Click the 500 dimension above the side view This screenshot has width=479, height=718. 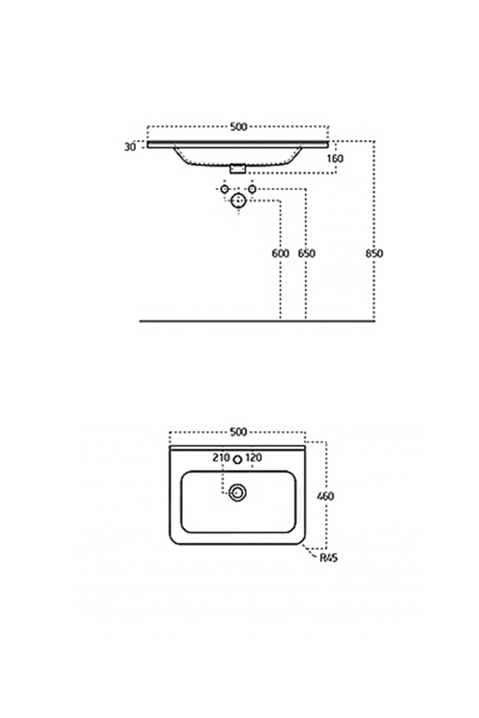point(239,127)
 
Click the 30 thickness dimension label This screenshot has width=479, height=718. point(130,147)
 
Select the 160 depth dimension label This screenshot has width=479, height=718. point(335,158)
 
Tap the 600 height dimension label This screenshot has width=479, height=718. point(280,253)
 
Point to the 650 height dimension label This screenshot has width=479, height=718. point(307,253)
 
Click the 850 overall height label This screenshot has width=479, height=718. point(374,253)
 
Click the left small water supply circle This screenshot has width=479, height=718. point(224,188)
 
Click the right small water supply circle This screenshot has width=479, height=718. point(252,188)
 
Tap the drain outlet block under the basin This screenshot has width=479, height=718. point(238,169)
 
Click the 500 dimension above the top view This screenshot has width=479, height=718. point(238,432)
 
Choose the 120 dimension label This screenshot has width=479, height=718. point(253,458)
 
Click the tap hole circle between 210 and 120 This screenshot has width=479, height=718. point(238,460)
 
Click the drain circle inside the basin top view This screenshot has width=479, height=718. point(238,493)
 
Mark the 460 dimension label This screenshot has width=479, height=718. point(325,496)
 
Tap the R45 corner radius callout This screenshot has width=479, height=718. point(329,558)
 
